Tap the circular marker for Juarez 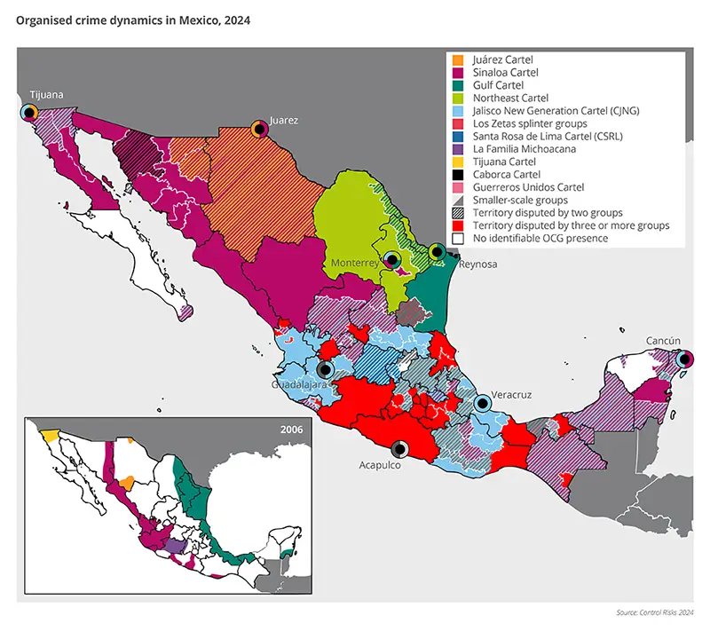coord(259,129)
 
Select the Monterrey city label coord(355,264)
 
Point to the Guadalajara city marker coord(326,370)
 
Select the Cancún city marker coord(685,359)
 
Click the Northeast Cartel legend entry coord(511,98)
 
